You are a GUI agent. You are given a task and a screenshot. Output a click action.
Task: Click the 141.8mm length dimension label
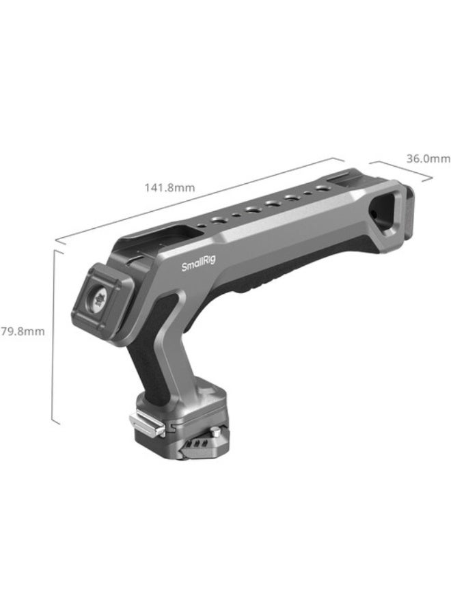(169, 186)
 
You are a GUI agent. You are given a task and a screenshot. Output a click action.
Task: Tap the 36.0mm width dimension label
(428, 158)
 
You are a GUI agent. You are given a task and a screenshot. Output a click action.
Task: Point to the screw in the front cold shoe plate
(99, 298)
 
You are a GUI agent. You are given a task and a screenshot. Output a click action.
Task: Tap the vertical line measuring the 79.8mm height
(53, 335)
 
